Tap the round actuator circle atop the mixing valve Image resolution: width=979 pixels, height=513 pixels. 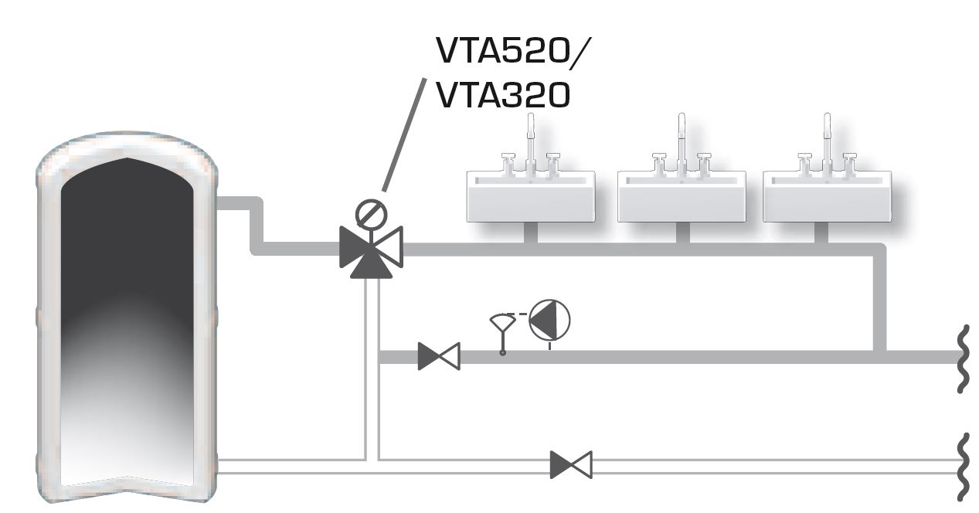[x=369, y=212]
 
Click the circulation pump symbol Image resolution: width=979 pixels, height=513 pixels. [x=549, y=320]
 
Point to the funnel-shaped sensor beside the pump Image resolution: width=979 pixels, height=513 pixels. [x=502, y=324]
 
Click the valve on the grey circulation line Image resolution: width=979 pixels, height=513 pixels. [x=438, y=356]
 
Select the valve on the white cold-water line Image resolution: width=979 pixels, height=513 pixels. [x=571, y=465]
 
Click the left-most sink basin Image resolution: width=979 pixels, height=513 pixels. [x=531, y=196]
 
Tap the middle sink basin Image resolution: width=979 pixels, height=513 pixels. [x=682, y=196]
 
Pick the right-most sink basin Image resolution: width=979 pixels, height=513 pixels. [x=824, y=196]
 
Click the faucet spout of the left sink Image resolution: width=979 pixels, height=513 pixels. [x=531, y=139]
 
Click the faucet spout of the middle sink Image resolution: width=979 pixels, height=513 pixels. [x=682, y=139]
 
